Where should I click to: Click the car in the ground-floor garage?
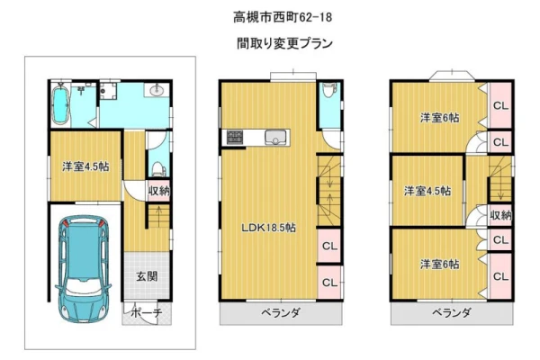pyautogui.click(x=83, y=269)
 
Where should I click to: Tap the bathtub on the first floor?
pyautogui.click(x=60, y=104)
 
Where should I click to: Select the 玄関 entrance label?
pyautogui.click(x=147, y=276)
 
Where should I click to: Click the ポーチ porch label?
pyautogui.click(x=147, y=313)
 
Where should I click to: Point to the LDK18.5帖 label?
pyautogui.click(x=268, y=228)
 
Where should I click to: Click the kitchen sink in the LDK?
pyautogui.click(x=275, y=138)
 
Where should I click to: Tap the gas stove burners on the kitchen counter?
pyautogui.click(x=235, y=137)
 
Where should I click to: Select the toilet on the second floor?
pyautogui.click(x=330, y=90)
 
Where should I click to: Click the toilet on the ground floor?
pyautogui.click(x=158, y=169)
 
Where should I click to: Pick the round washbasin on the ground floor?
pyautogui.click(x=157, y=91)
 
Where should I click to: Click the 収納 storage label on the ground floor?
pyautogui.click(x=158, y=191)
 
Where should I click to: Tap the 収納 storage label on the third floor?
pyautogui.click(x=500, y=215)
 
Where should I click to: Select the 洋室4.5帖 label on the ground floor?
pyautogui.click(x=85, y=166)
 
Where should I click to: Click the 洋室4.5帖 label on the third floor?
pyautogui.click(x=427, y=191)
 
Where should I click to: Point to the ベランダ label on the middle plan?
pyautogui.click(x=280, y=313)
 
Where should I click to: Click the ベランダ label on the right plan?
pyautogui.click(x=451, y=313)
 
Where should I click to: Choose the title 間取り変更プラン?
pyautogui.click(x=284, y=43)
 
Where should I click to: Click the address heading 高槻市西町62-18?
pyautogui.click(x=283, y=17)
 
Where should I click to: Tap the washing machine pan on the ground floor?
pyautogui.click(x=109, y=91)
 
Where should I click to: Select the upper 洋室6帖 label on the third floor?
pyautogui.click(x=439, y=118)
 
